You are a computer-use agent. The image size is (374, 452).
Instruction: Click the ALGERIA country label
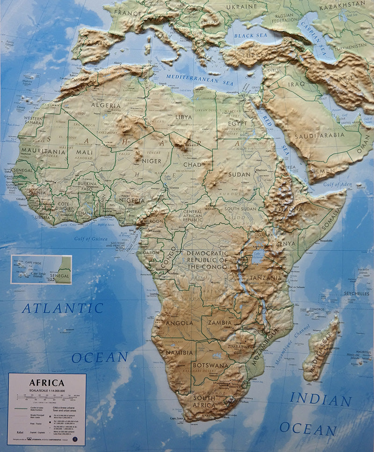pyautogui.click(x=106, y=106)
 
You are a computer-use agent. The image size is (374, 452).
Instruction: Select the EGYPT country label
pyautogui.click(x=237, y=123)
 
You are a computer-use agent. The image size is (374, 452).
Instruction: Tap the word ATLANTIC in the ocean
pyautogui.click(x=63, y=309)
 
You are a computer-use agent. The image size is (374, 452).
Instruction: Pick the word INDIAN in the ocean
pyautogui.click(x=320, y=400)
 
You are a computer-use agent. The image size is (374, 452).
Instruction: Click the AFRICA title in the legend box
pyautogui.click(x=47, y=383)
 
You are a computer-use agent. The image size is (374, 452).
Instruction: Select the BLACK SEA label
pyautogui.click(x=251, y=36)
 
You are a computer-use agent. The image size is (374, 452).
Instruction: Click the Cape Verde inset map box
pyautogui.click(x=41, y=269)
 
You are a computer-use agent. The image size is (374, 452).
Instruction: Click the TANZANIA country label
pyautogui.click(x=266, y=277)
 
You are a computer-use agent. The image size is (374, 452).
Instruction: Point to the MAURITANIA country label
pyautogui.click(x=43, y=152)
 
